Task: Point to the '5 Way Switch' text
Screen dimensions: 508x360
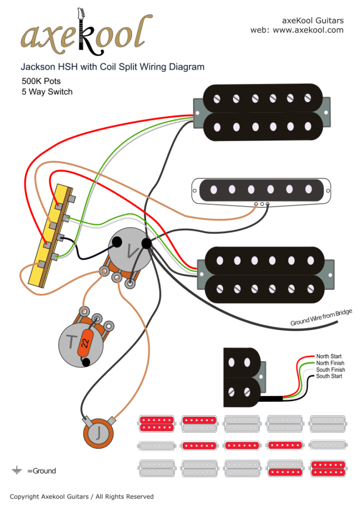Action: (47, 92)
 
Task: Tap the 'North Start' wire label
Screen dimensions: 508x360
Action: (330, 357)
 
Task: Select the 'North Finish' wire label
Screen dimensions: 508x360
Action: (331, 363)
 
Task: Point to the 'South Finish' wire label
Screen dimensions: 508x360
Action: (331, 370)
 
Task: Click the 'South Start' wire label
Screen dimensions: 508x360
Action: (330, 377)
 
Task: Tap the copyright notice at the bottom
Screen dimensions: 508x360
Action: (82, 497)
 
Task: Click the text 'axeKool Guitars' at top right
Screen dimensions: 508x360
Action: (312, 21)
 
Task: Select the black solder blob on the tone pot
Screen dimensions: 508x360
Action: (86, 362)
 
